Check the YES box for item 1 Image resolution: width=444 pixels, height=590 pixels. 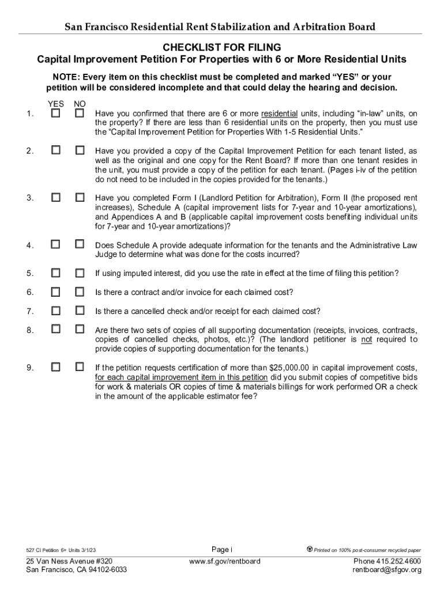coord(55,114)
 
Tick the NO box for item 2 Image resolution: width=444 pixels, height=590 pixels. coord(80,150)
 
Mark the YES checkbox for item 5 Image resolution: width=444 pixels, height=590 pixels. coord(55,273)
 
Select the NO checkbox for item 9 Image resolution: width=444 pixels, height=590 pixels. coord(80,366)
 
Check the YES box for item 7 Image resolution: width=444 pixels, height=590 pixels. coord(55,311)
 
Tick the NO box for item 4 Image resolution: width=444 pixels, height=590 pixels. coord(80,245)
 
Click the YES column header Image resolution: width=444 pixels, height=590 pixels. coord(55,104)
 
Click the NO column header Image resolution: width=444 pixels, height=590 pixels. coord(80,104)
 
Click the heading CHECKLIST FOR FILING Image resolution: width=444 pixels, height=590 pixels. coord(222,47)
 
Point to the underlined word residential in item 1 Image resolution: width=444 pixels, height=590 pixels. coord(279,114)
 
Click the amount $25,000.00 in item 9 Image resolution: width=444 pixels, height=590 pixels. coord(290,368)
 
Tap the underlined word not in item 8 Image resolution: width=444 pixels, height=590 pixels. coord(366,339)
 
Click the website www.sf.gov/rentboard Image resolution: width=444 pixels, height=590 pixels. coord(225,561)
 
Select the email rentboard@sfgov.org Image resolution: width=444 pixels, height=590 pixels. coord(387,570)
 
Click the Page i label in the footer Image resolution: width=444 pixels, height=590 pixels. coord(222,549)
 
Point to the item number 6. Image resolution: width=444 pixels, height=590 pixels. coord(29,292)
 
